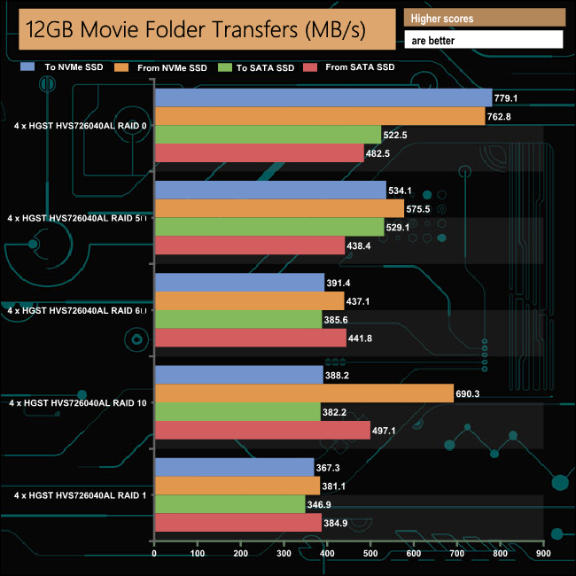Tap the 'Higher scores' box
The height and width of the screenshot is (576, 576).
point(484,18)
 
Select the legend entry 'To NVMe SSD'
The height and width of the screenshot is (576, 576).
point(66,66)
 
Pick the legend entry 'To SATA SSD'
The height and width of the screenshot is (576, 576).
point(262,67)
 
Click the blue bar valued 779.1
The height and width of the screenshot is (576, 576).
point(323,97)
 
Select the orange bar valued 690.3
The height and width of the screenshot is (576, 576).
point(304,393)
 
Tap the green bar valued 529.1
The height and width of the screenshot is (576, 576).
point(269,228)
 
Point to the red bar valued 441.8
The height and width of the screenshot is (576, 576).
point(250,338)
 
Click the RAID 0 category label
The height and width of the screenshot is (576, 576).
point(81,126)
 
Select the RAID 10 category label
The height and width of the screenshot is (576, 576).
point(78,403)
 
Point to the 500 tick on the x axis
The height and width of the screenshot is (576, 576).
point(370,554)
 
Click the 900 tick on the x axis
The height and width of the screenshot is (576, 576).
point(543,554)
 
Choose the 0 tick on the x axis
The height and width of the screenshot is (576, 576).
point(155,554)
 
